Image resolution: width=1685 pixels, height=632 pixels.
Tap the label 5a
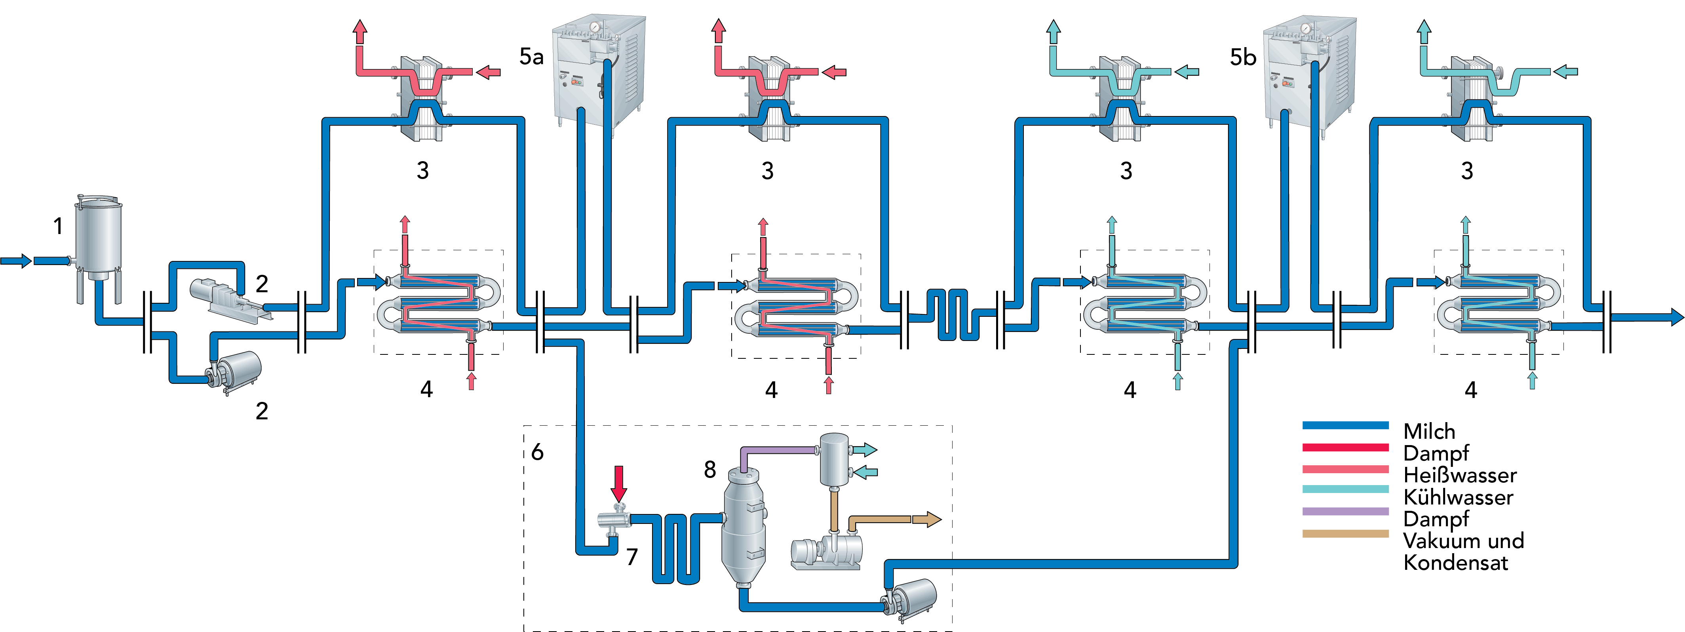(x=531, y=57)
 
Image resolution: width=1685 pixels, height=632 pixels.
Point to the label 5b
(x=1243, y=57)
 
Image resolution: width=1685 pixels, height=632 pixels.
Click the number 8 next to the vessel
(x=710, y=469)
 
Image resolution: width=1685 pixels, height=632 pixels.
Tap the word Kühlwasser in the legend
(x=1458, y=497)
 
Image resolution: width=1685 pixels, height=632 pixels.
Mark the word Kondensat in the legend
(x=1455, y=563)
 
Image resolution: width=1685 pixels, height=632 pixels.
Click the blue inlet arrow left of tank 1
(x=16, y=261)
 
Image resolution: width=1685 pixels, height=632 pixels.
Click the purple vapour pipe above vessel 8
(x=778, y=450)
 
